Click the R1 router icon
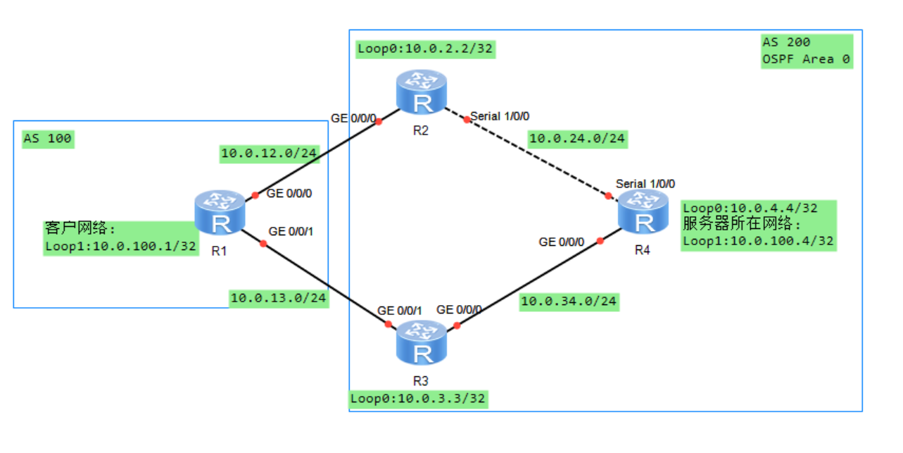220,213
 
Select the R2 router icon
422,92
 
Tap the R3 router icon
422,342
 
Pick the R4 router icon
643,211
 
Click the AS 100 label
48,139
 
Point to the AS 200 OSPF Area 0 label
807,51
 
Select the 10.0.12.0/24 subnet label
270,154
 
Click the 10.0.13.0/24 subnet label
279,299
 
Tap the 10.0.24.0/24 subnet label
577,139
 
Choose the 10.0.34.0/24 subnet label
569,302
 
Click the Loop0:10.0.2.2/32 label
425,49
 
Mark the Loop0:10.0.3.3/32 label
418,399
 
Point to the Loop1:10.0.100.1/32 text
120,247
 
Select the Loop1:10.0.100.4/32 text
758,241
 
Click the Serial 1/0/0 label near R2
500,116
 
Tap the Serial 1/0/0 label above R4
645,184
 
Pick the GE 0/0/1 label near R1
291,232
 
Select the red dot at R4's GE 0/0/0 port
600,241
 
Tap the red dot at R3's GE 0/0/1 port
389,324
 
